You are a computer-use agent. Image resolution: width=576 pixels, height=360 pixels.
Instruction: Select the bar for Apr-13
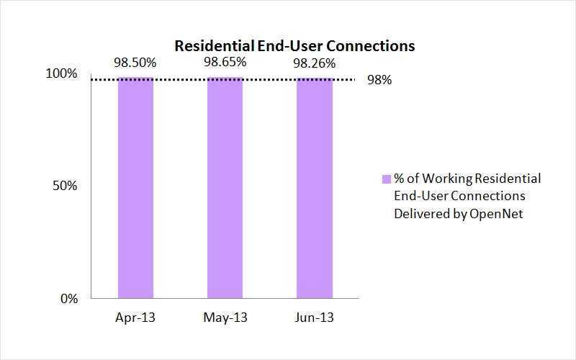(x=136, y=187)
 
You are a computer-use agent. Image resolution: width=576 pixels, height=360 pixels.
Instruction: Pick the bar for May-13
(x=225, y=187)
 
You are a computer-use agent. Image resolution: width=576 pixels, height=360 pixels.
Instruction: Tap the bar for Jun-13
(x=314, y=187)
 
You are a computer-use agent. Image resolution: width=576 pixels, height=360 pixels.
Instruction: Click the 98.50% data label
(x=135, y=63)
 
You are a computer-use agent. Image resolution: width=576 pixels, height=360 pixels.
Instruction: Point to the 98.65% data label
(x=225, y=63)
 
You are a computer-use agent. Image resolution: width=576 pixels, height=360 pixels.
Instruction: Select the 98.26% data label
(x=314, y=63)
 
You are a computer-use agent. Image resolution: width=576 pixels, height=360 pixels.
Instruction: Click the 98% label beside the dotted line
(x=379, y=81)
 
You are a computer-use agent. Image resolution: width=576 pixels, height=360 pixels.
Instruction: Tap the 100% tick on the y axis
(x=63, y=73)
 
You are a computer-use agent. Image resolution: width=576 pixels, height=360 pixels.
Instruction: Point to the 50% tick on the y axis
(x=67, y=186)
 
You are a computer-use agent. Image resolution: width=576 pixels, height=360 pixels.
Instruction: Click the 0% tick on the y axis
(x=70, y=298)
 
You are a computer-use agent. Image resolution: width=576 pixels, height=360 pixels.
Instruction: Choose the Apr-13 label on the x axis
(x=135, y=318)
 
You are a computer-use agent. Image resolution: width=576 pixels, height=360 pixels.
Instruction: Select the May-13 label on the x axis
(x=225, y=318)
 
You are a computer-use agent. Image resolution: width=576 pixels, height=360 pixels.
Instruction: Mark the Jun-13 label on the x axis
(x=314, y=318)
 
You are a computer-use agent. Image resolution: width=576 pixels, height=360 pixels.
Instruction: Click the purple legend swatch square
(x=386, y=179)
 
